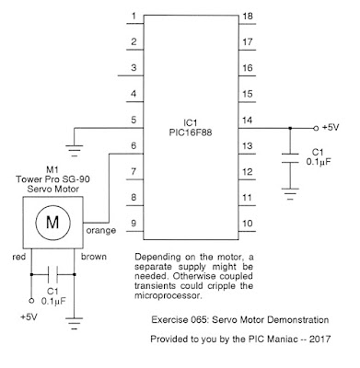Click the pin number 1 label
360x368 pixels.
tap(134, 16)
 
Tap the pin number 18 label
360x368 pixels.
tap(248, 16)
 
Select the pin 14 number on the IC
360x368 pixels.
tap(248, 120)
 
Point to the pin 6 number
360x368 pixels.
tap(134, 145)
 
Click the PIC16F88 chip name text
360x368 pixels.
tap(191, 132)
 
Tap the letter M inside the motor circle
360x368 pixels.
tap(52, 222)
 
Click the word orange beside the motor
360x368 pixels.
tap(101, 231)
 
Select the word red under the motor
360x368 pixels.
tap(19, 257)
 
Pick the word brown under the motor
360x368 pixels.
tap(94, 257)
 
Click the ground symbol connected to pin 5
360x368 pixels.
tap(75, 150)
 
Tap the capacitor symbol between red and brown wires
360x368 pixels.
tap(52, 274)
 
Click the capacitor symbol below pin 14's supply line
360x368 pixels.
tap(290, 158)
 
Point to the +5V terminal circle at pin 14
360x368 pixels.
tap(316, 128)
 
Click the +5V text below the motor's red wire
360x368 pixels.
tap(29, 316)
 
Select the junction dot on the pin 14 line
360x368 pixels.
tap(290, 128)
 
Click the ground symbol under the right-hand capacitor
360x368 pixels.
tap(290, 194)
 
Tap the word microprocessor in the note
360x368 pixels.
tap(168, 296)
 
